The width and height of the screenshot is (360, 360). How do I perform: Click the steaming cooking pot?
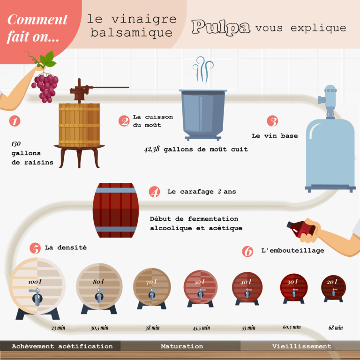(x=202, y=114)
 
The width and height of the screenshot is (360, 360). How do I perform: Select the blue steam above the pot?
(x=203, y=70)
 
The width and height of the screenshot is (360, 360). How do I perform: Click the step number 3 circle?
(x=272, y=121)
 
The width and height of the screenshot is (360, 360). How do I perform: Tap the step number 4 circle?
(x=154, y=192)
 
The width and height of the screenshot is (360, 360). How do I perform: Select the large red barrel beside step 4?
(x=115, y=210)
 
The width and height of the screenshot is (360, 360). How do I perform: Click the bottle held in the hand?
(x=300, y=229)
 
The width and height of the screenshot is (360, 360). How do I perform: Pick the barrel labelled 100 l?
(x=37, y=285)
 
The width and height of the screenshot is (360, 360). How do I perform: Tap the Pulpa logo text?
(x=220, y=27)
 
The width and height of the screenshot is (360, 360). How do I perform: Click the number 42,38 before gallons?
(x=152, y=149)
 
